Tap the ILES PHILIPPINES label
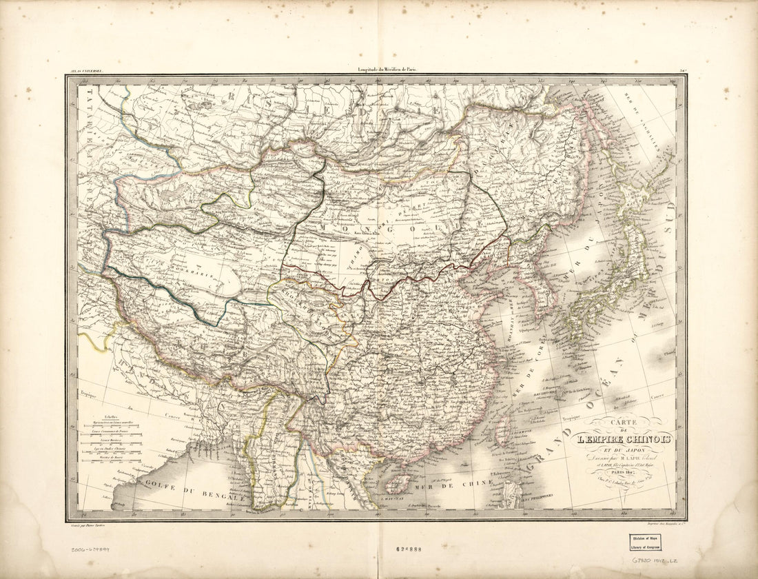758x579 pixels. coord(544,496)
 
